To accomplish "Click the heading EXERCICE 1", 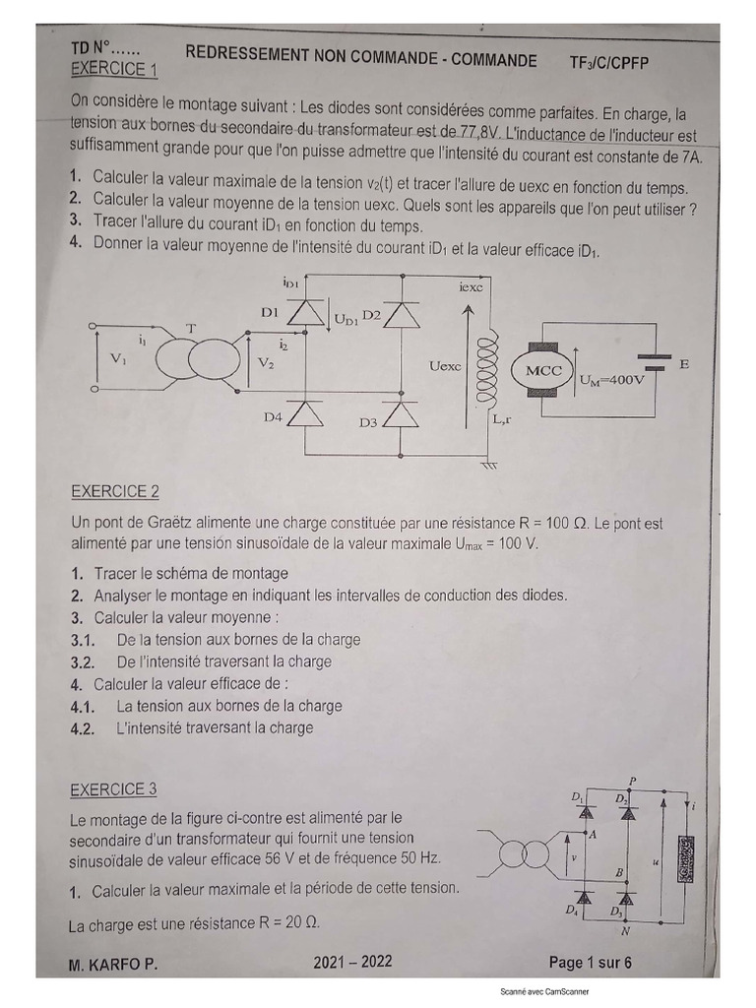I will click(114, 70).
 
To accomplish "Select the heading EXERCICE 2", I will click(115, 491).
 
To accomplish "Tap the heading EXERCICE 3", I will click(113, 788).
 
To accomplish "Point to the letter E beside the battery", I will click(684, 363).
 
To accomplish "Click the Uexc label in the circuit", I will click(445, 365).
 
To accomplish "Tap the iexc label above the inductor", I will click(471, 287).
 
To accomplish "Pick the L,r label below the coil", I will click(501, 419).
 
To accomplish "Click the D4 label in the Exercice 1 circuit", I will click(273, 417).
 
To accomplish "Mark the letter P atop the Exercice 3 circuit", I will click(632, 781).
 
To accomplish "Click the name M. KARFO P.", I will click(113, 966).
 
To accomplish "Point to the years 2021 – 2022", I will click(352, 962).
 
